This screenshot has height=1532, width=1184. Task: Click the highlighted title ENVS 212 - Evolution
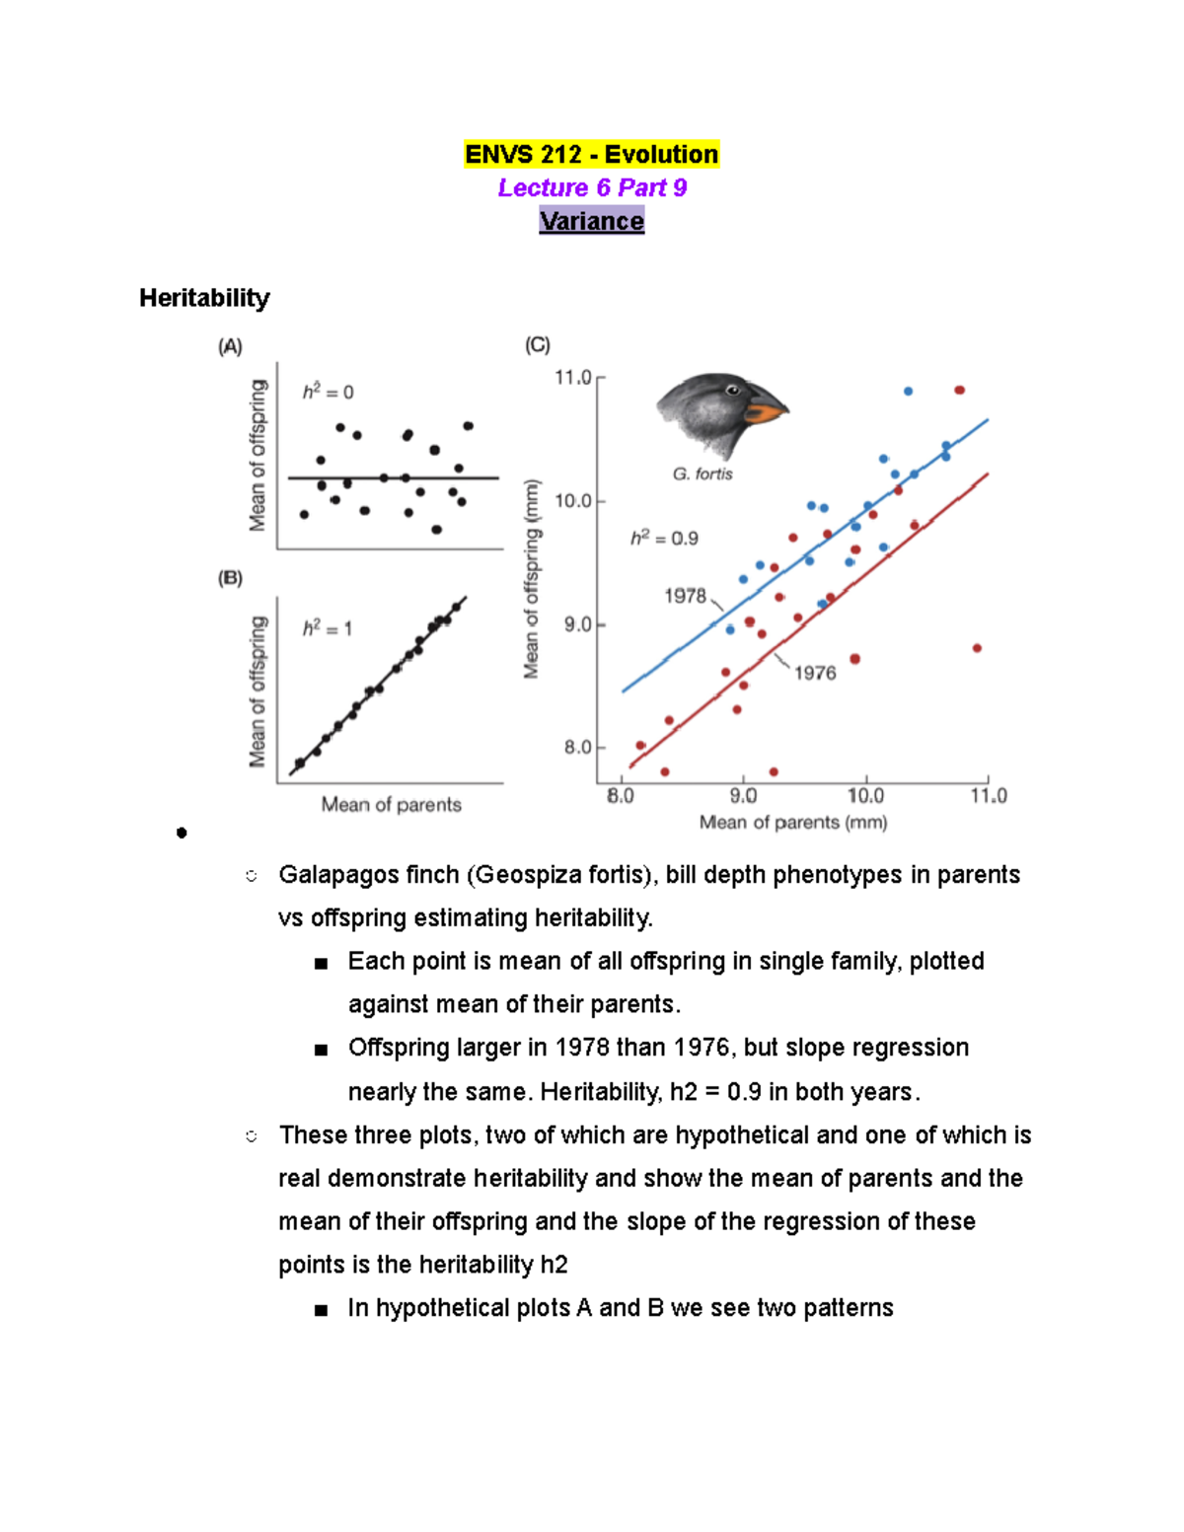coord(591,155)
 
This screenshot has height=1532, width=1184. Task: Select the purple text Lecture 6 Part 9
coord(592,187)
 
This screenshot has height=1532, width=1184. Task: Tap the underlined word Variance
coord(591,221)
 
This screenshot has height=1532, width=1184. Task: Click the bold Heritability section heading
coord(204,298)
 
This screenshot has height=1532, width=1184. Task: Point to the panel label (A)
coord(230,346)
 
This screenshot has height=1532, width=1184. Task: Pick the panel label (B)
coord(230,578)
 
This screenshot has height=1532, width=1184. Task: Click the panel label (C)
coord(538,344)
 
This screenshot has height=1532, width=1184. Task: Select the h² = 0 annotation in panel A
coord(328,393)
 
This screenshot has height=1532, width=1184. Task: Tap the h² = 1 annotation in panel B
coord(328,628)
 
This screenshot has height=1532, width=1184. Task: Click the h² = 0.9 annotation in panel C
coord(664,539)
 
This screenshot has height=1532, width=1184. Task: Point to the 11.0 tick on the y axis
coord(572,378)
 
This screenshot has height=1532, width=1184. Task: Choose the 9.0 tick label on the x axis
coord(743,796)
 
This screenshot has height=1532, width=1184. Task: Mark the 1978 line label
coord(685,596)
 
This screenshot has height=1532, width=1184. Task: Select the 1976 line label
coord(815,673)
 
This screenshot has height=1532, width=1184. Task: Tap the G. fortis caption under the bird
coord(703,474)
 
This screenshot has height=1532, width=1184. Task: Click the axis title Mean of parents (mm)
coord(793,823)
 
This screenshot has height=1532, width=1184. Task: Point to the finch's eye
coord(733,391)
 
